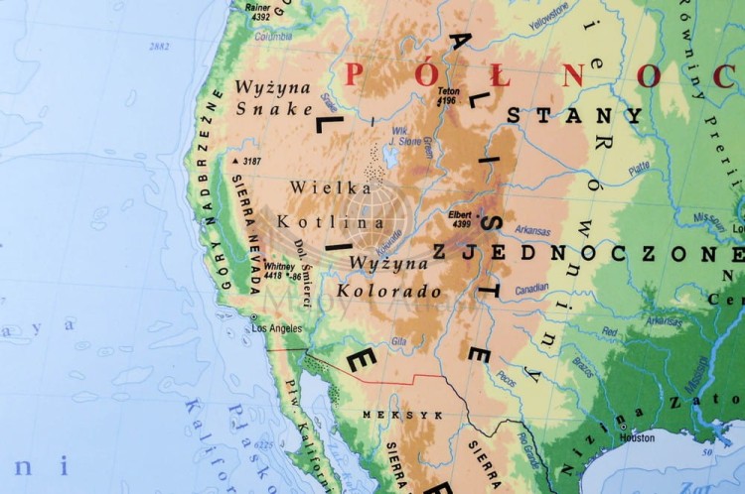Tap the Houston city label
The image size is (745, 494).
tap(637, 437)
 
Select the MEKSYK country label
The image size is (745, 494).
tap(387, 415)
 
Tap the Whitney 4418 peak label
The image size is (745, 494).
tap(279, 270)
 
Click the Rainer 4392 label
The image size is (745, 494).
tap(259, 12)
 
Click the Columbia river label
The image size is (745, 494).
tap(273, 37)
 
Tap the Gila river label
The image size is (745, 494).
tap(398, 341)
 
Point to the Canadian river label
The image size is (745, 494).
tap(531, 289)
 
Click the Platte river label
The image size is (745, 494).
tap(638, 168)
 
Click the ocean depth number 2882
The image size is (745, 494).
tap(159, 47)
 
